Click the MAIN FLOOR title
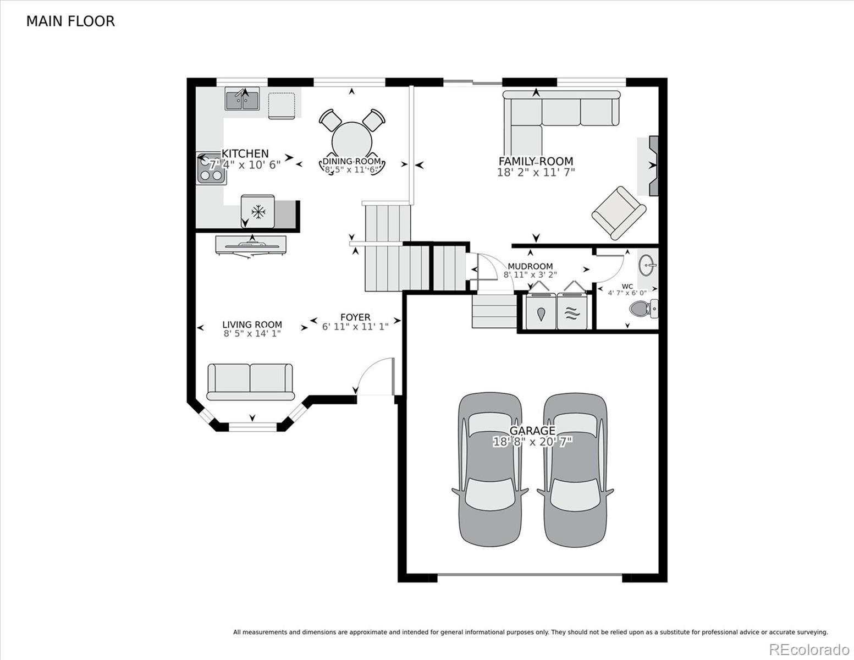pyautogui.click(x=70, y=21)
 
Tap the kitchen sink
pyautogui.click(x=242, y=98)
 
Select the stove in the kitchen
pyautogui.click(x=211, y=169)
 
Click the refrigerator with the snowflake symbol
pyautogui.click(x=258, y=212)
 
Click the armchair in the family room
pyautogui.click(x=619, y=213)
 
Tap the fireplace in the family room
pyautogui.click(x=653, y=166)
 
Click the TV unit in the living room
pyautogui.click(x=251, y=246)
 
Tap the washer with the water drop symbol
pyautogui.click(x=541, y=311)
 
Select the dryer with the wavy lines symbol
pyautogui.click(x=572, y=311)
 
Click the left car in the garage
pyautogui.click(x=490, y=470)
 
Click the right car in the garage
pyautogui.click(x=575, y=470)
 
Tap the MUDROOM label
pyautogui.click(x=530, y=266)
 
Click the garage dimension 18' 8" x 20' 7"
pyautogui.click(x=532, y=442)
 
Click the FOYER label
pyautogui.click(x=355, y=317)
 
